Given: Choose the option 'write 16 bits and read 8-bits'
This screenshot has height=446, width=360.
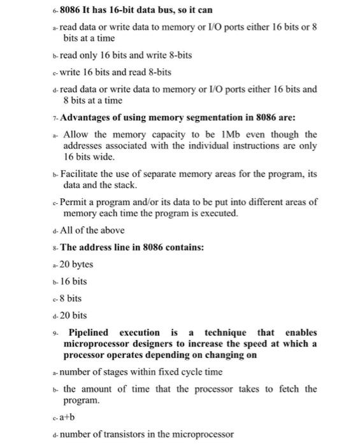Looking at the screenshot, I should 116,72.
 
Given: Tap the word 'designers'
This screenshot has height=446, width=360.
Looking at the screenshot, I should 148,343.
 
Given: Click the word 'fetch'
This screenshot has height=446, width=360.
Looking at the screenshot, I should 275,389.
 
